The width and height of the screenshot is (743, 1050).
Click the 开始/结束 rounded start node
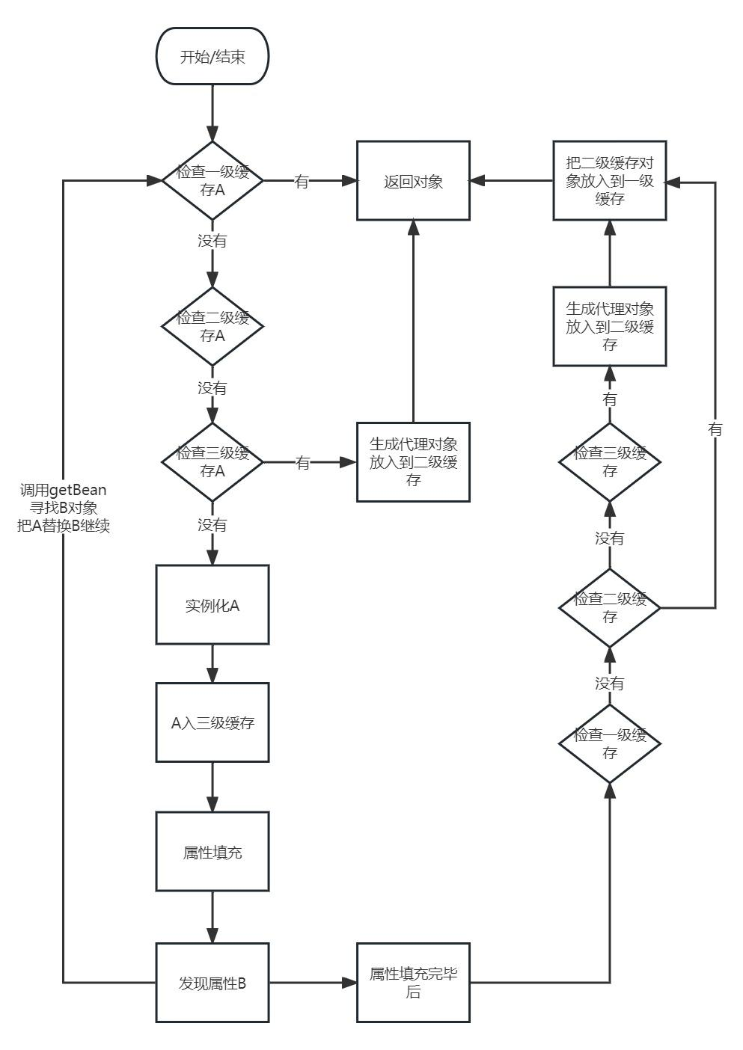(x=212, y=57)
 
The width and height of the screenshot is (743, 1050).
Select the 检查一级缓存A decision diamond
(x=212, y=180)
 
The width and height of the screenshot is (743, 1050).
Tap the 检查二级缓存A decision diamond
(x=212, y=326)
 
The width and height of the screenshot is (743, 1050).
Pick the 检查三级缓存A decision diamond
(x=212, y=462)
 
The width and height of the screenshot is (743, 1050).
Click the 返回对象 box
(x=413, y=181)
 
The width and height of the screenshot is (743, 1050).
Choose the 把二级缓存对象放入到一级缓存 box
(x=609, y=181)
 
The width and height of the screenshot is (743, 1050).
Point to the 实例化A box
(x=212, y=605)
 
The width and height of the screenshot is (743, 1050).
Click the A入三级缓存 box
(x=212, y=722)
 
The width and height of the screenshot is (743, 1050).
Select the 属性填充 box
(x=212, y=852)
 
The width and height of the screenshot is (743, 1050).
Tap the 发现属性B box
(x=212, y=983)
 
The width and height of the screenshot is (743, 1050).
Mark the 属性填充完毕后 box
(x=413, y=983)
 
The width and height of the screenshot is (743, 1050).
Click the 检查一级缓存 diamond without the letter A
(x=609, y=743)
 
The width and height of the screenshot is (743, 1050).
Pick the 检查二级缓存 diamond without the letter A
(x=609, y=608)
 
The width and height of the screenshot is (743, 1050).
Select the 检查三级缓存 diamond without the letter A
(x=609, y=462)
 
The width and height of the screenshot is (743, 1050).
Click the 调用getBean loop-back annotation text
(x=64, y=508)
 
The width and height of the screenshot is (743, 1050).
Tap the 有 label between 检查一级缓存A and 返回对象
(x=302, y=181)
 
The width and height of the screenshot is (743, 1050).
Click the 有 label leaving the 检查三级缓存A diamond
(x=302, y=463)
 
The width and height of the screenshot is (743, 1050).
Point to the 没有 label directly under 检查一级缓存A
(x=212, y=242)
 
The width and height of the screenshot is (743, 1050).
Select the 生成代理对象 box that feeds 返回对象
(x=413, y=462)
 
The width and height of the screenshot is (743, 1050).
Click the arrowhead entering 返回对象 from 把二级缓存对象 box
(x=477, y=181)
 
